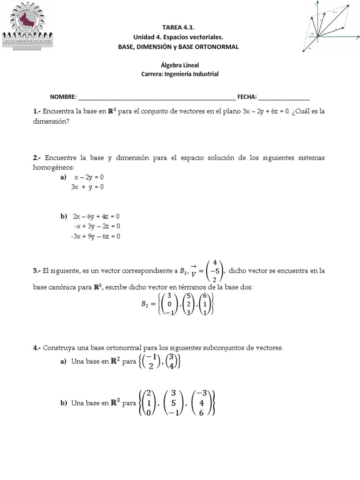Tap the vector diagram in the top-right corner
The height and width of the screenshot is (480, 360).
(330, 26)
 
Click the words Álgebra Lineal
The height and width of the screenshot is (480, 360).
(180, 66)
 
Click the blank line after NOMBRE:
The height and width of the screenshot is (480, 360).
(157, 97)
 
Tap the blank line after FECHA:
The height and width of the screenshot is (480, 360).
(284, 97)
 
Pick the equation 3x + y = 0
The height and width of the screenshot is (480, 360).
(87, 187)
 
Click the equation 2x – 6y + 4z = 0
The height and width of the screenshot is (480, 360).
(97, 217)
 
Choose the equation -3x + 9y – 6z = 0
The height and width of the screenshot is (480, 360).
(96, 236)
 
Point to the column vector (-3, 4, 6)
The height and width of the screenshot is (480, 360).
(202, 403)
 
